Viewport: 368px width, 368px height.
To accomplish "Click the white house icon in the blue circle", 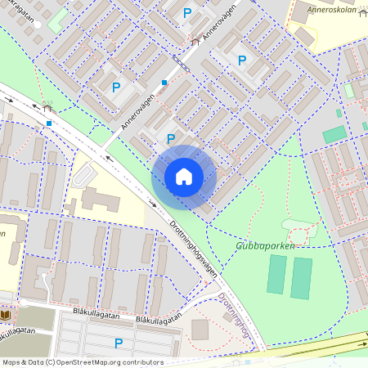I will (184, 177).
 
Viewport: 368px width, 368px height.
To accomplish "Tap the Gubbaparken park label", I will (265, 244).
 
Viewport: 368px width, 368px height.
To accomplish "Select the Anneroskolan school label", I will (334, 10).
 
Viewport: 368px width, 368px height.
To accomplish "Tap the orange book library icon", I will (6, 315).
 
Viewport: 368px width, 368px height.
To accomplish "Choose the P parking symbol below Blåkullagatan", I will (119, 343).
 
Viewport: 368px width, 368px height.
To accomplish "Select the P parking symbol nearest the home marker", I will (171, 139).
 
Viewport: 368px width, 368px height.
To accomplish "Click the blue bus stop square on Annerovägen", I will (164, 82).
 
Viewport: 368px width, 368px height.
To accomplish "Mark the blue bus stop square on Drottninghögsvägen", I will (50, 123).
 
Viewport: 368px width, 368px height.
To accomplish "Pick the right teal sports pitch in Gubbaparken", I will (302, 278).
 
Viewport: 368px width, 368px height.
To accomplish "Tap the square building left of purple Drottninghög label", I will (200, 329).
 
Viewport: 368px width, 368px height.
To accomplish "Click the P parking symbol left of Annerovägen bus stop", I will (116, 87).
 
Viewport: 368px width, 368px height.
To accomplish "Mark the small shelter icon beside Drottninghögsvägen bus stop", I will (48, 106).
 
